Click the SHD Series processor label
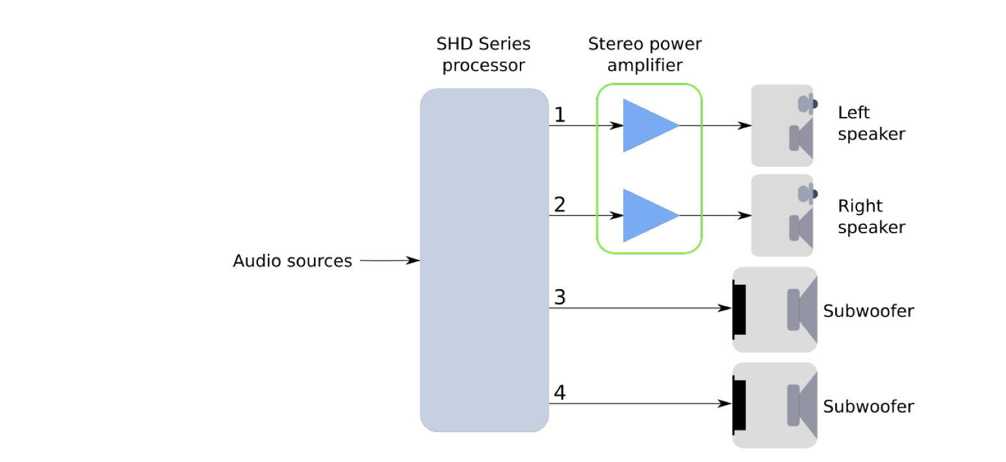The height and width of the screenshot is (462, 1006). tap(484, 55)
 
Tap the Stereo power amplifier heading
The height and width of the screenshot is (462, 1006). tap(645, 55)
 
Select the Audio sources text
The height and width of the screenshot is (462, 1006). tap(292, 261)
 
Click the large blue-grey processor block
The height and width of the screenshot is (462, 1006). tap(484, 260)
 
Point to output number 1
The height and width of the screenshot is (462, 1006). tap(560, 115)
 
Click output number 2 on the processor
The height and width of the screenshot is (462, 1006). tap(560, 205)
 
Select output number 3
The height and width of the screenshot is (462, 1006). tap(560, 298)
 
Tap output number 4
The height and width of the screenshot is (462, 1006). tap(560, 393)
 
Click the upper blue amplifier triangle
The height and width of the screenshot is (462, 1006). tap(646, 125)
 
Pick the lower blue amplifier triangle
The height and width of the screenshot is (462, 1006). tap(646, 216)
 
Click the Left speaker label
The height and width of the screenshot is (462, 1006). tap(871, 123)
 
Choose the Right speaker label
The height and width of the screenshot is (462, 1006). tap(871, 216)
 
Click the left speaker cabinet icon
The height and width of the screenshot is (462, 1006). tap(782, 125)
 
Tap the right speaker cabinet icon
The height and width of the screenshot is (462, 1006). tap(782, 216)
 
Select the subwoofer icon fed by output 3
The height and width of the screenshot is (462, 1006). tap(775, 309)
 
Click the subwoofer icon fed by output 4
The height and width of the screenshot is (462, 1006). tap(775, 405)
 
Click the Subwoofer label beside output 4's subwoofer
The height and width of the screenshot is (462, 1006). tap(868, 407)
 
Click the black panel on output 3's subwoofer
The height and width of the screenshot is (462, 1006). tap(740, 309)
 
